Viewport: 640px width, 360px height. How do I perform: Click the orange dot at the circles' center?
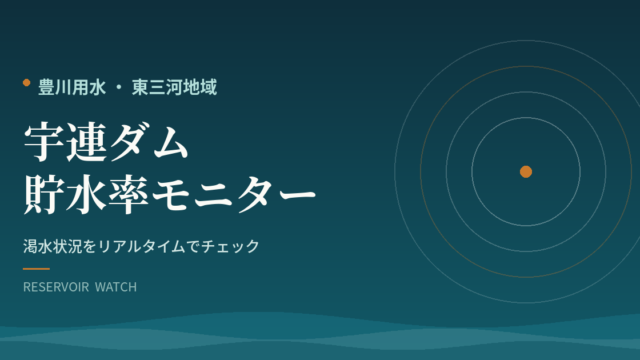(526, 172)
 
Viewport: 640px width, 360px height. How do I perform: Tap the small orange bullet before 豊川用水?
(27, 83)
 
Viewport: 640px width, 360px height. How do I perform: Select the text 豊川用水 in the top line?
(72, 87)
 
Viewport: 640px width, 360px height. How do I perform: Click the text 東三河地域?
(174, 87)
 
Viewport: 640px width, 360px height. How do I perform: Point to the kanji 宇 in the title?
(44, 142)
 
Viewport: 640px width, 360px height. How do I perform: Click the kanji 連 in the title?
(87, 142)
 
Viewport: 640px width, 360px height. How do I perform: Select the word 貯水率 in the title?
(87, 194)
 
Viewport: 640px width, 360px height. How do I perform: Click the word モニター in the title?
(234, 195)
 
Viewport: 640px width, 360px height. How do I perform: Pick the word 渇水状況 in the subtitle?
(53, 246)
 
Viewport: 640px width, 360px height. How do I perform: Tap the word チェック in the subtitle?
(230, 246)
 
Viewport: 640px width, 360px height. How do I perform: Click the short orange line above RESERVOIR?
(36, 269)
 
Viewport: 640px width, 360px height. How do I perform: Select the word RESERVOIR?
(56, 287)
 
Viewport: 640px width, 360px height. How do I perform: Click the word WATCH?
(116, 287)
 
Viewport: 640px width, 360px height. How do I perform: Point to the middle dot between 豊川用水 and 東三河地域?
(119, 88)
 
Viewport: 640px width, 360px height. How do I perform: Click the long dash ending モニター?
(297, 196)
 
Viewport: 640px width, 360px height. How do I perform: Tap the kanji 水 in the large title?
(87, 194)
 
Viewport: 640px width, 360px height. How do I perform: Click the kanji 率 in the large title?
(129, 194)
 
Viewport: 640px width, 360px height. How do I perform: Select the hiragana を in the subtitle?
(91, 246)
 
